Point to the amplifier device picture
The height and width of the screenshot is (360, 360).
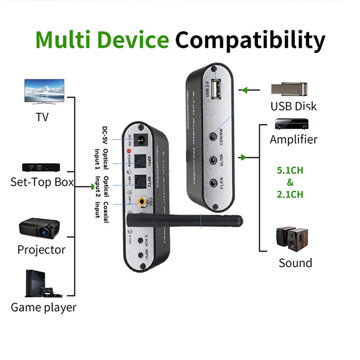click(291, 124)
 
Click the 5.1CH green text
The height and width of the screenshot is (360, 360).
click(290, 170)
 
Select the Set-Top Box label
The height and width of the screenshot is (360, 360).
click(42, 182)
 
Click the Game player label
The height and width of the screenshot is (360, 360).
click(43, 307)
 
